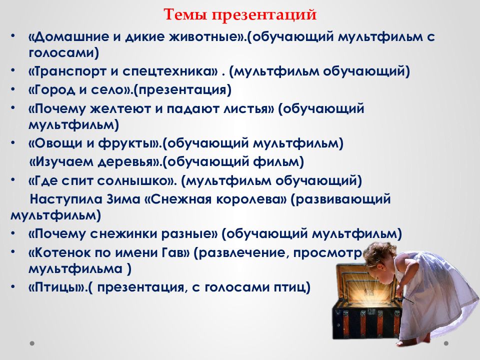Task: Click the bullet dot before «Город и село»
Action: [13, 89]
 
